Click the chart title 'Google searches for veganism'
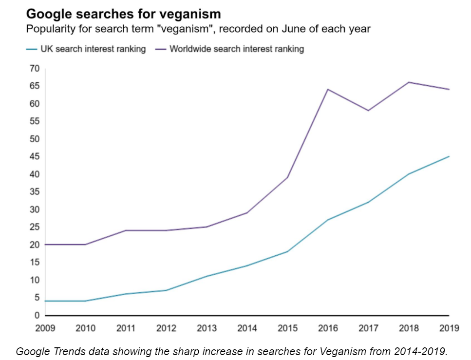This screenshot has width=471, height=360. click(x=123, y=14)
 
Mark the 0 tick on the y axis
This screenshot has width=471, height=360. click(x=36, y=315)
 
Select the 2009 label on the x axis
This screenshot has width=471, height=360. click(x=45, y=328)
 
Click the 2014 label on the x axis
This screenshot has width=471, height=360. click(x=246, y=328)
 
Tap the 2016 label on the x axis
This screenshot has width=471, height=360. click(x=327, y=328)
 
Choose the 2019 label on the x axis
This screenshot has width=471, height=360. click(x=448, y=328)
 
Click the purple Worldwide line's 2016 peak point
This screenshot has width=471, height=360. click(x=327, y=89)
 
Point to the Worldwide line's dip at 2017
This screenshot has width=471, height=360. click(x=368, y=111)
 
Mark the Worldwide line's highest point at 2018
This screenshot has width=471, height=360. click(x=408, y=82)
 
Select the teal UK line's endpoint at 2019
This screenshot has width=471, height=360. click(x=449, y=156)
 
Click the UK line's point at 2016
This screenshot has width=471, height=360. click(x=327, y=220)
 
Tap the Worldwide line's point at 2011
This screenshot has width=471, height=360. click(x=126, y=230)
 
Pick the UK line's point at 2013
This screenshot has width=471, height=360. click(x=207, y=276)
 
